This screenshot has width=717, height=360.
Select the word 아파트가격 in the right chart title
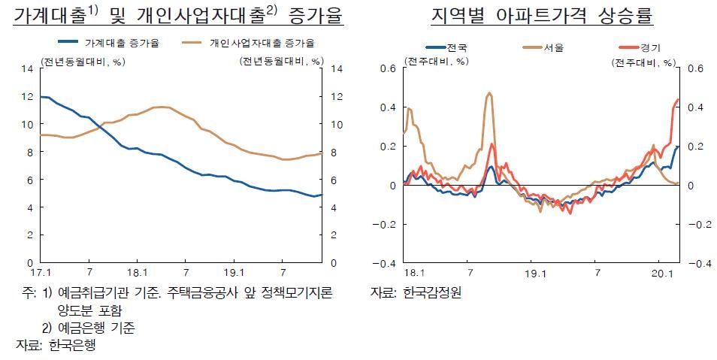540,15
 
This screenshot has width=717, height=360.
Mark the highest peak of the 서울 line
489,93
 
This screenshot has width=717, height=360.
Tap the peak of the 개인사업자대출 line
162,107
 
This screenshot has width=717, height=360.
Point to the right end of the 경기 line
678,99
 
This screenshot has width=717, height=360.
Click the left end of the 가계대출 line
40,97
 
